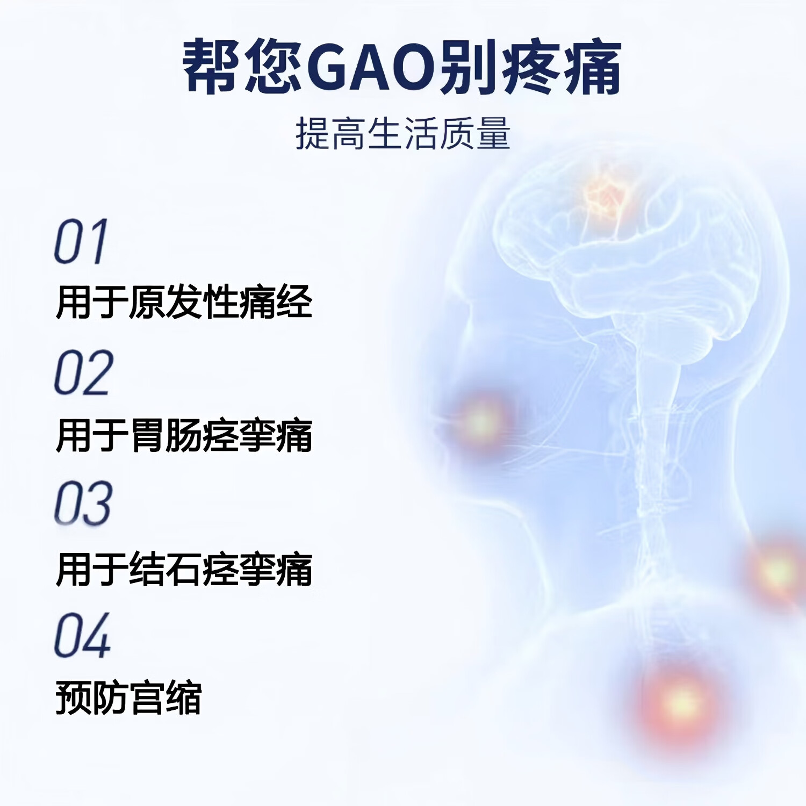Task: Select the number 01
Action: click(81, 242)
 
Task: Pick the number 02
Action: click(84, 372)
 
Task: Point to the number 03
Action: click(83, 503)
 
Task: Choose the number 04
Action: click(83, 635)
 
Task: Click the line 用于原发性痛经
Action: click(184, 302)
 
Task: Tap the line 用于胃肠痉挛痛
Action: click(184, 435)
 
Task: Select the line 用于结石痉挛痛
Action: click(184, 569)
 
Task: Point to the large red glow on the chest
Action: click(680, 701)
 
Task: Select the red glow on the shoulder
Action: click(776, 572)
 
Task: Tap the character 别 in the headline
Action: click(466, 68)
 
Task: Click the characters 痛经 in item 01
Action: click(275, 302)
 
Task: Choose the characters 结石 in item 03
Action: click(165, 569)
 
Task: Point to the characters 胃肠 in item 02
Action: click(165, 435)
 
